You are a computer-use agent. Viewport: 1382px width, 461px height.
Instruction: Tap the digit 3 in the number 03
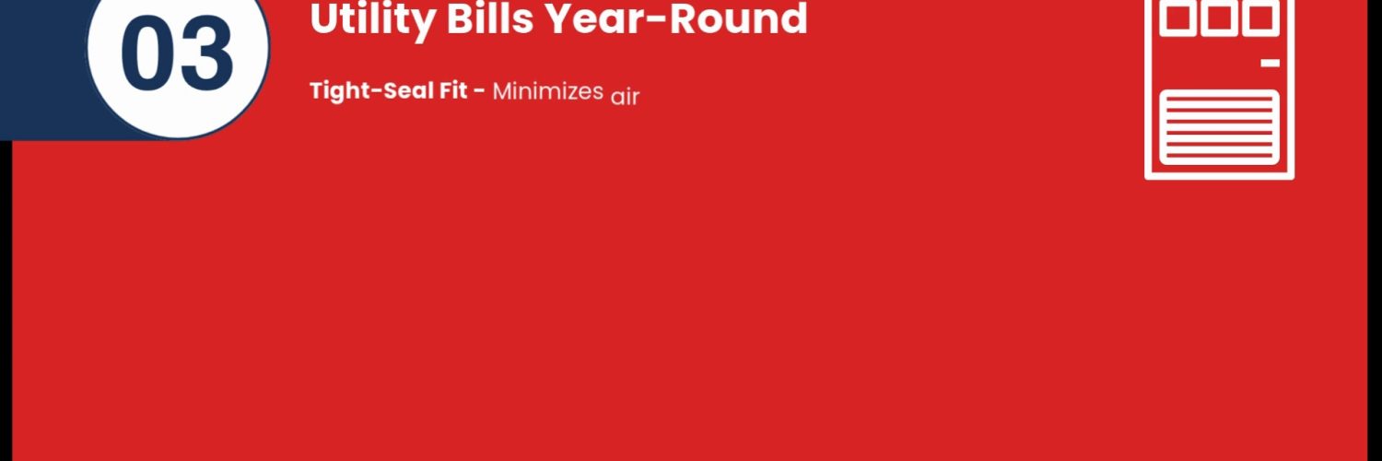pyautogui.click(x=206, y=53)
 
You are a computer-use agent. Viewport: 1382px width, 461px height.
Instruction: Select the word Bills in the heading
pyautogui.click(x=490, y=18)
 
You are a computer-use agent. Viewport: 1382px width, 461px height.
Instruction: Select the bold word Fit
pyautogui.click(x=453, y=90)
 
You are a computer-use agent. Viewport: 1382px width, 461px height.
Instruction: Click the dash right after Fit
pyautogui.click(x=479, y=92)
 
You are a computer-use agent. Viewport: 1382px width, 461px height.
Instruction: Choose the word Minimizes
pyautogui.click(x=548, y=91)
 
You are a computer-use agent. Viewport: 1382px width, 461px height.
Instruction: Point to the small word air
pyautogui.click(x=625, y=96)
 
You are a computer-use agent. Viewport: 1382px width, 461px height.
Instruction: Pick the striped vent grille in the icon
pyautogui.click(x=1219, y=128)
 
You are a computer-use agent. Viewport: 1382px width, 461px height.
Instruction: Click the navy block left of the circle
pyautogui.click(x=42, y=70)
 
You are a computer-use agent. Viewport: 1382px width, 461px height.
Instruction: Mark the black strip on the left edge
pyautogui.click(x=6, y=301)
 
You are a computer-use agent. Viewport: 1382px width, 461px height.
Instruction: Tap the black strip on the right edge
pyautogui.click(x=1376, y=230)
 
